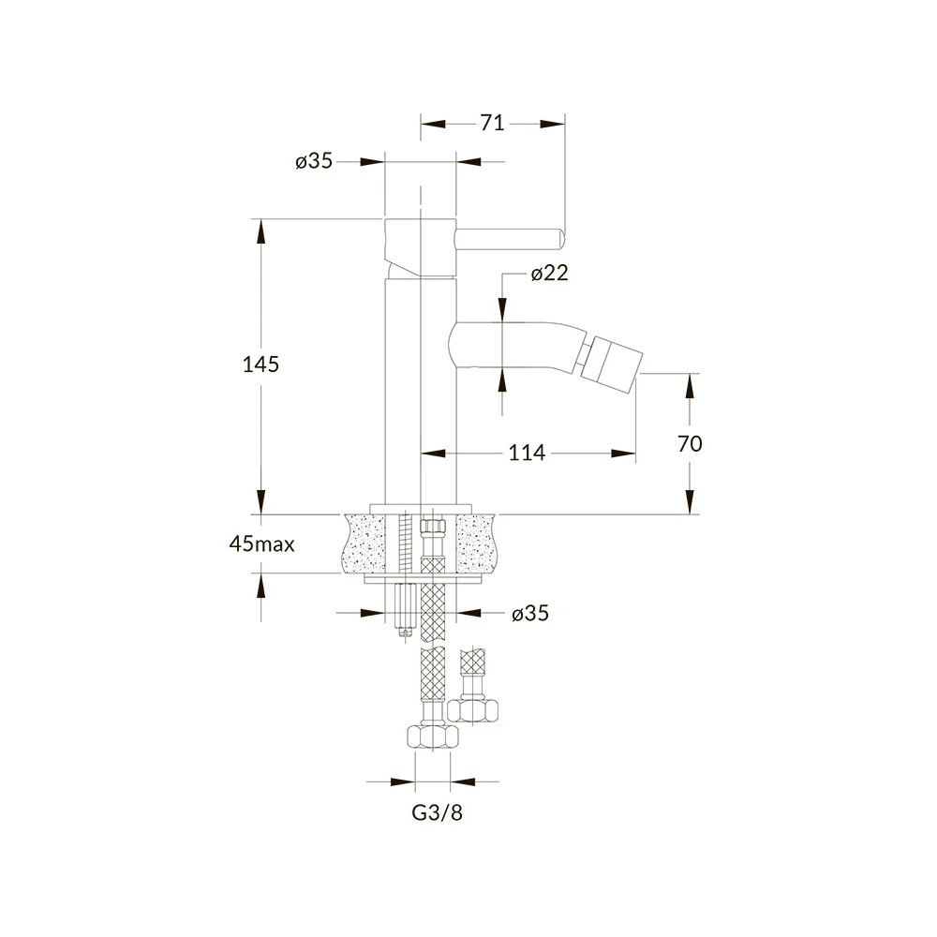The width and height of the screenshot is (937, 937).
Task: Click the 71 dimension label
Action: point(492,123)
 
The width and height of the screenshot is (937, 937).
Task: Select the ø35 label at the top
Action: point(314,161)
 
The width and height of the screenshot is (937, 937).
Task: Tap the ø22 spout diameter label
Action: point(549,273)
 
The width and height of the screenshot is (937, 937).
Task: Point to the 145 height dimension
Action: point(260,364)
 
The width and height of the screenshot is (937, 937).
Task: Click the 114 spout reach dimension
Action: point(527,453)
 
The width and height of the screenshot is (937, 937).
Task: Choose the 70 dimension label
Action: point(690,443)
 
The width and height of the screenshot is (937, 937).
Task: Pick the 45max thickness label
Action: point(261,543)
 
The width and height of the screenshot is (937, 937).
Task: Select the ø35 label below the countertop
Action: point(530,613)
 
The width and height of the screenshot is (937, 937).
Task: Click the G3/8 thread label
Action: point(438,812)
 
